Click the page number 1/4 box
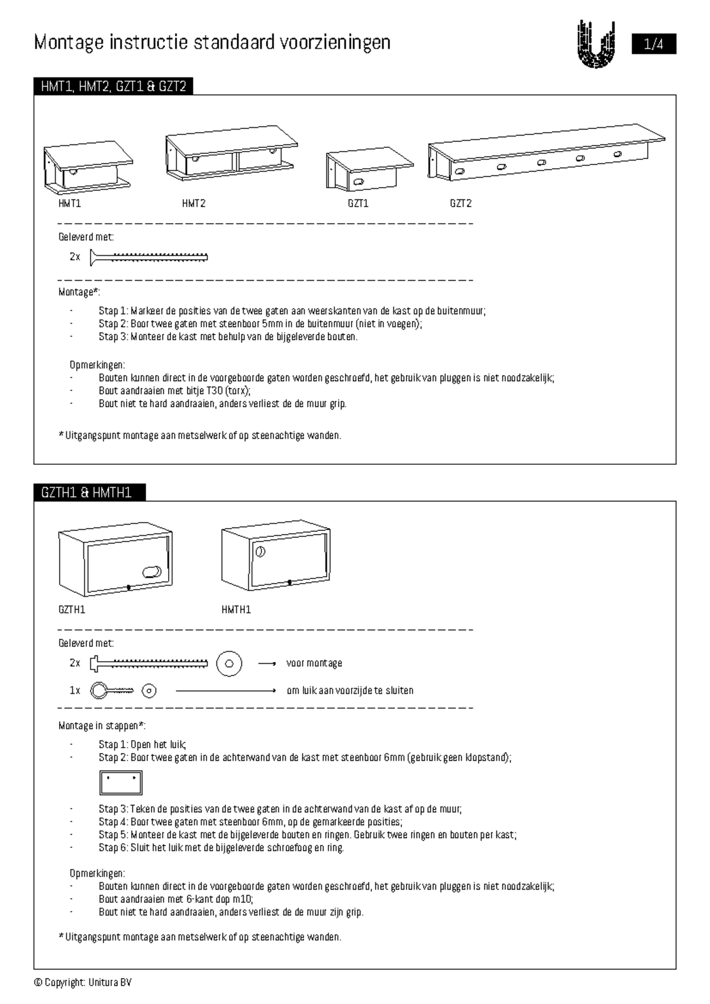pos(653,44)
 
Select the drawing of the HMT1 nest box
pos(88,168)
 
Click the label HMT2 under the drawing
pos(193,204)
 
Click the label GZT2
pos(460,204)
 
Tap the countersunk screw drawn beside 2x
pos(149,257)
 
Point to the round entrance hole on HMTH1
pos(260,552)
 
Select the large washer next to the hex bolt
pos(229,663)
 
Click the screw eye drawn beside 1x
pos(112,690)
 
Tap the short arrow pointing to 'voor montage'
pos(267,664)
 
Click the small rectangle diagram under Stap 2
pos(121,783)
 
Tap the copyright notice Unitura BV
pos(83,983)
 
